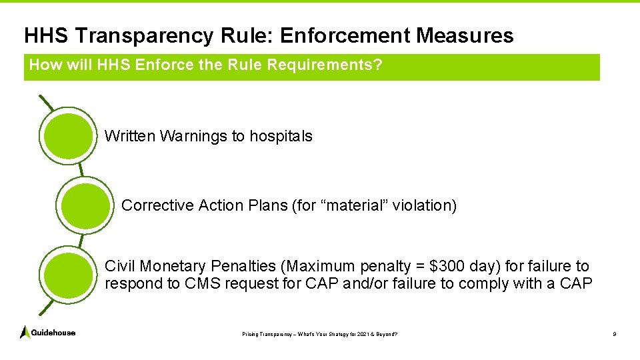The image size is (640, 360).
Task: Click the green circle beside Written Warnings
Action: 67,135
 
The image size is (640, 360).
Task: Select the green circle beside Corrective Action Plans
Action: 83,205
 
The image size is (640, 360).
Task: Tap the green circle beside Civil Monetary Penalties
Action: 67,275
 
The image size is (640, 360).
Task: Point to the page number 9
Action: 614,333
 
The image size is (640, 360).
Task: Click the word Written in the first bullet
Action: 130,136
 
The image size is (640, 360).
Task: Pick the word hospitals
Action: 281,136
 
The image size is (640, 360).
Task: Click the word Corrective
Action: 157,205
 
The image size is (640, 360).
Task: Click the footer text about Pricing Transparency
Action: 319,333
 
